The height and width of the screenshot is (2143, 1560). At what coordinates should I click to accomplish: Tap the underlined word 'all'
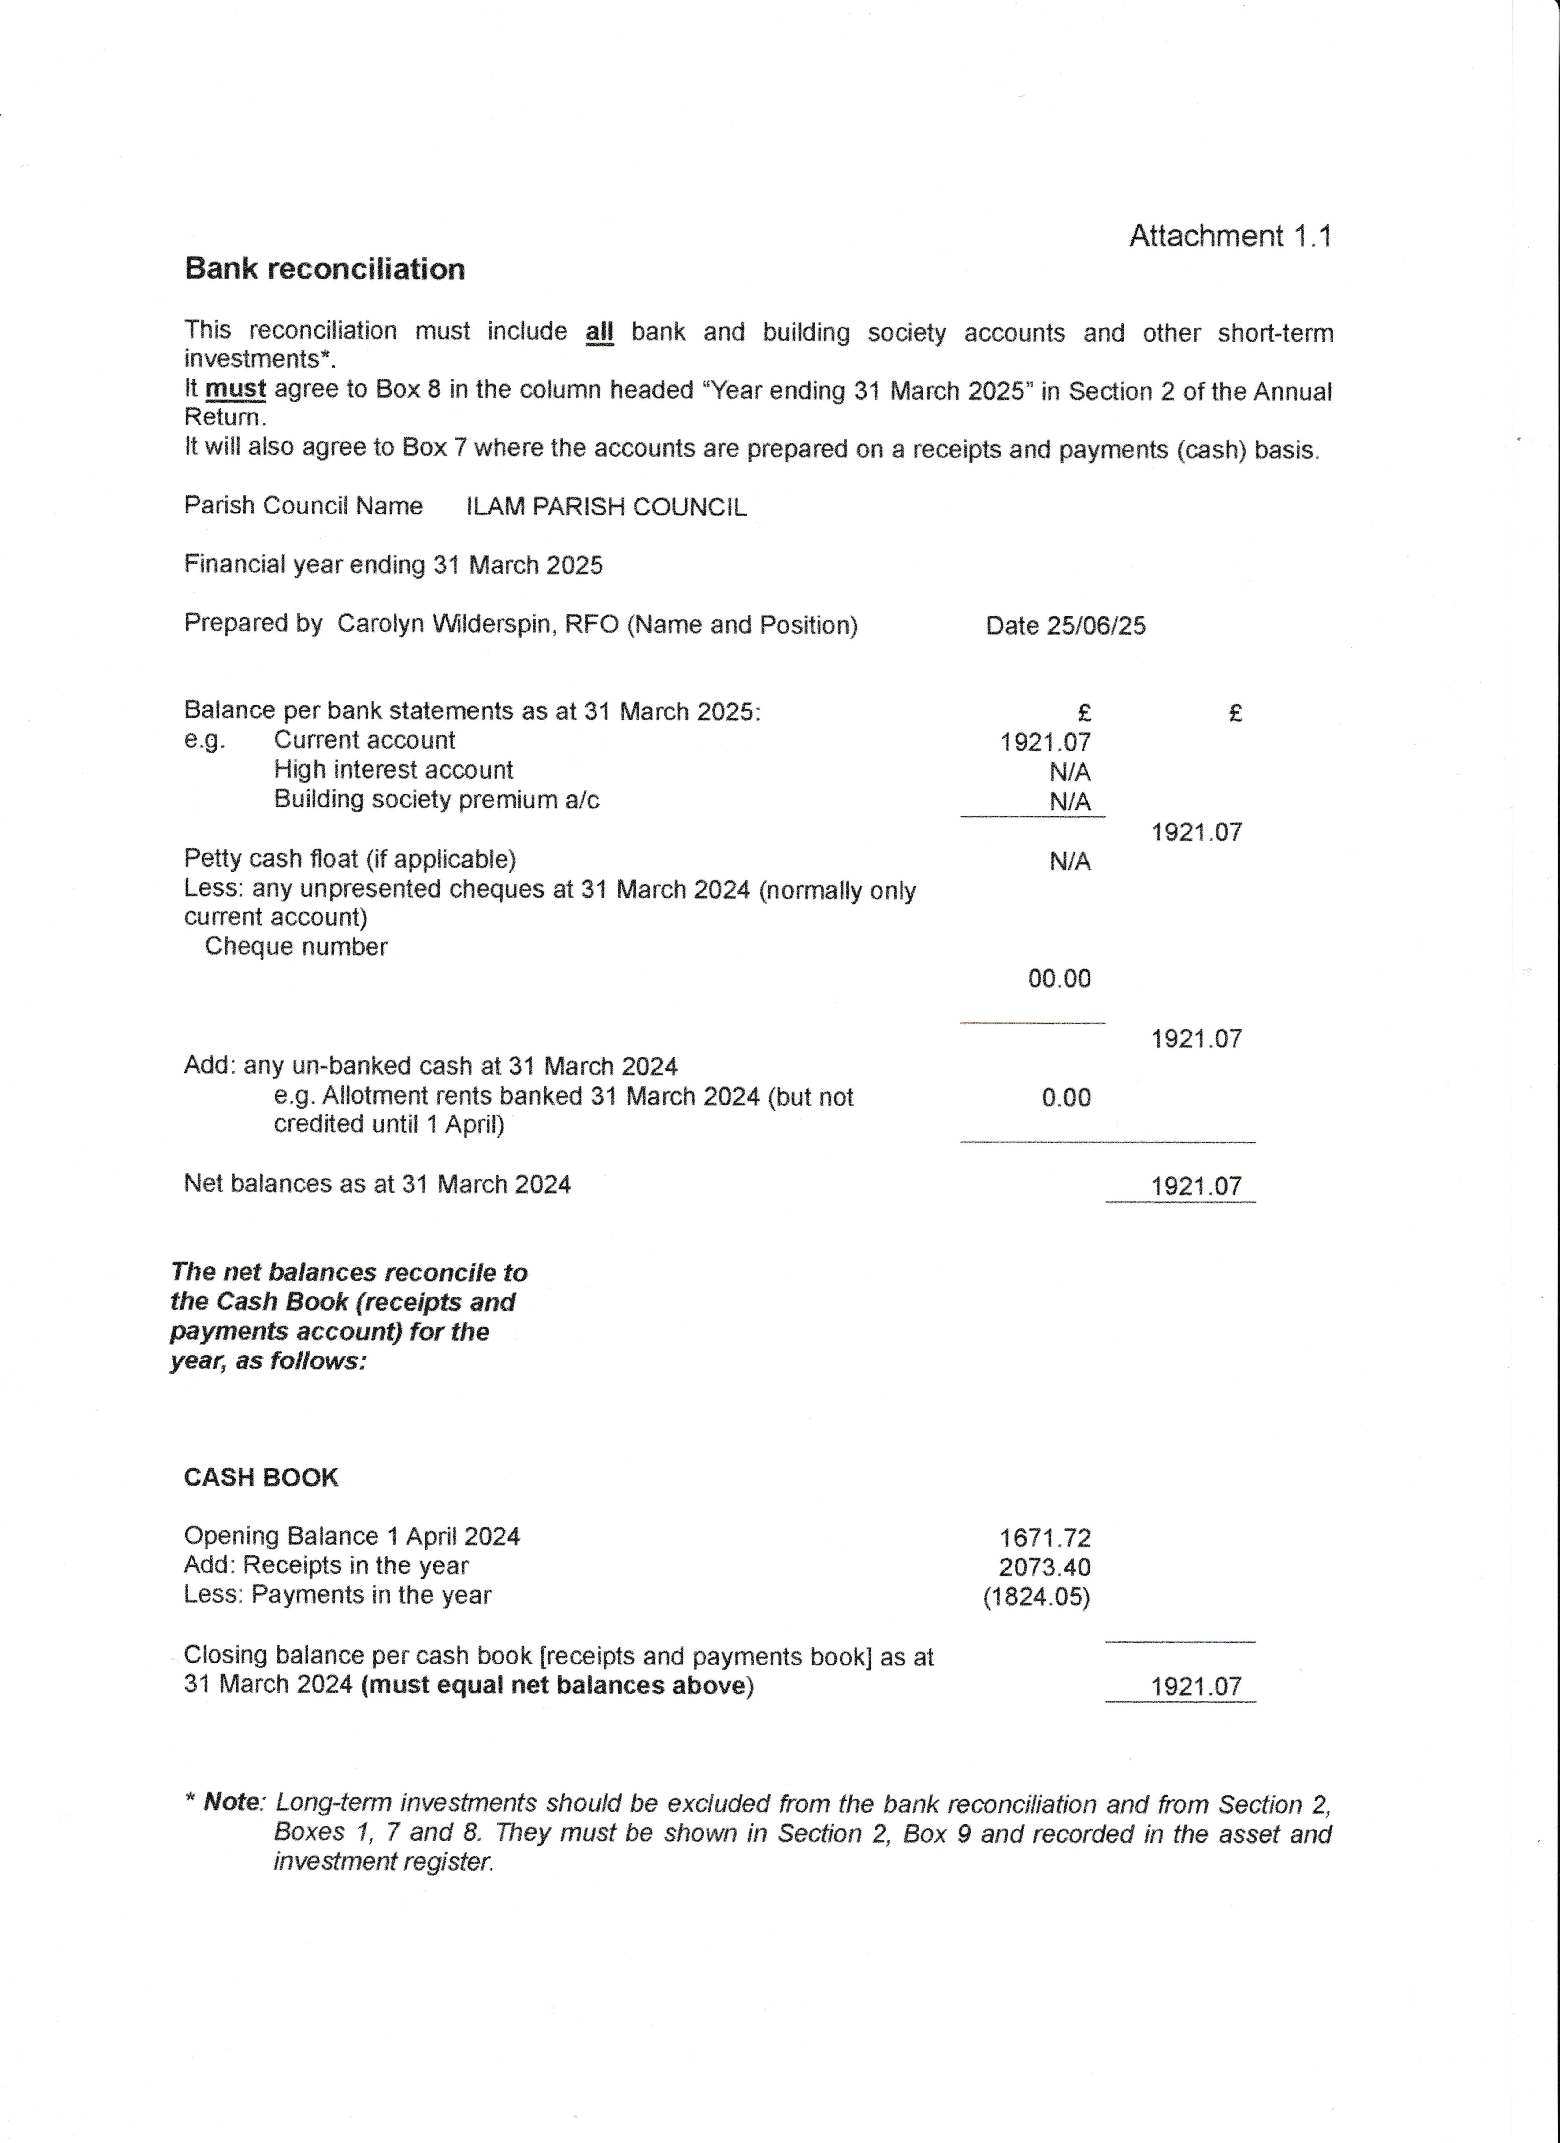(599, 333)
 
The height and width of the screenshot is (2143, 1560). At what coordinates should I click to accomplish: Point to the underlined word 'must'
(235, 390)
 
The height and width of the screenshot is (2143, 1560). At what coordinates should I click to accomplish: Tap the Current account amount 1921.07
(1045, 743)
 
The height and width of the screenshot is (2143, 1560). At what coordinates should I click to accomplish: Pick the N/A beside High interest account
(1070, 772)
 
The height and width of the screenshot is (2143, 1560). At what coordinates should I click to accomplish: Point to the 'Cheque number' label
(296, 947)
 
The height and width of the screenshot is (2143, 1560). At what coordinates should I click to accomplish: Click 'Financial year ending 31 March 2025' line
(393, 565)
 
